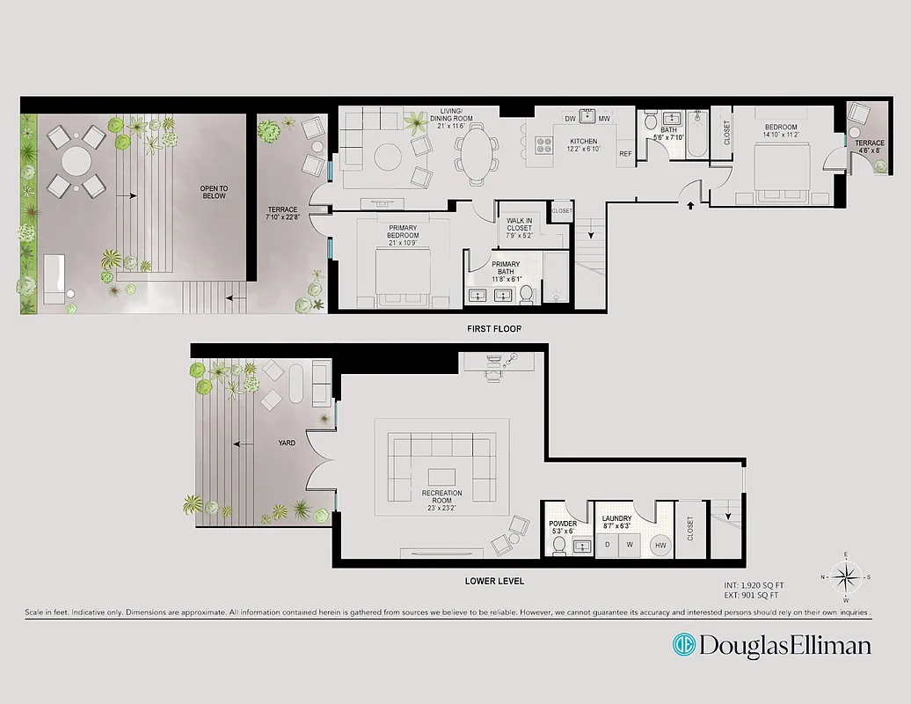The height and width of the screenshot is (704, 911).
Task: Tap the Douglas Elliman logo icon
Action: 684,645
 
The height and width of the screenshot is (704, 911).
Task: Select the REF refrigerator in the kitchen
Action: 625,154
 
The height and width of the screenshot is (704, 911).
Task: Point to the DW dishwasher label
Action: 570,119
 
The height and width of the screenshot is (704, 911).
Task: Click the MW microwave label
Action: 604,119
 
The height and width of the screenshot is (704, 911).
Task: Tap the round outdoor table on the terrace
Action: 76,161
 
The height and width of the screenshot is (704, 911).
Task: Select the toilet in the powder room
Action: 558,546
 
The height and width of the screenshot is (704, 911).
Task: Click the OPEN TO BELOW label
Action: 214,191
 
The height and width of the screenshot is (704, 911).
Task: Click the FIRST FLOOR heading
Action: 493,329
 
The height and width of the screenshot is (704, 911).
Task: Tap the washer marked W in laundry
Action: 629,546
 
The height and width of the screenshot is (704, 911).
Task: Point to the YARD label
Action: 286,443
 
